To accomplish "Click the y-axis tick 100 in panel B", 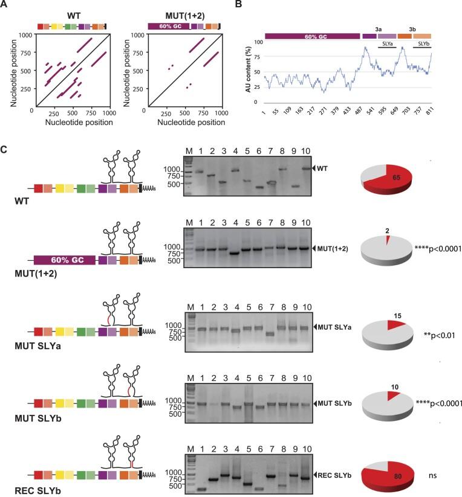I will (x=259, y=42).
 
